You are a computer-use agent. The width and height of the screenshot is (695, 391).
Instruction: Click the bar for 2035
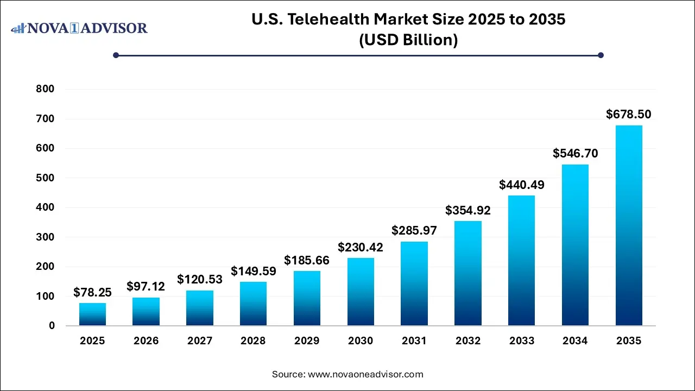tap(629, 225)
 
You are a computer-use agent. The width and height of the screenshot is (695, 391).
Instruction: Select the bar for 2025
tap(92, 314)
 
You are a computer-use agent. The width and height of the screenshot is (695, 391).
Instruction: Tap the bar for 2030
tap(361, 292)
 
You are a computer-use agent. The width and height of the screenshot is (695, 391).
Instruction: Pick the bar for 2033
tap(521, 261)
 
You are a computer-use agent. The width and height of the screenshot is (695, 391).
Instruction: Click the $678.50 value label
tap(629, 114)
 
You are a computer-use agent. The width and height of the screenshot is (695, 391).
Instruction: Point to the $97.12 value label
tap(146, 286)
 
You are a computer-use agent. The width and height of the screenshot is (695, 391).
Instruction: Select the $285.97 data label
tap(414, 230)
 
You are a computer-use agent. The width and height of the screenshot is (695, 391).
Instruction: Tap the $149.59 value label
tap(253, 270)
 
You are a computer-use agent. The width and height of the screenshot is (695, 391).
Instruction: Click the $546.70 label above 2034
tap(575, 153)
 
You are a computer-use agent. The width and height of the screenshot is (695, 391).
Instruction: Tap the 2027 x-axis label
tap(200, 341)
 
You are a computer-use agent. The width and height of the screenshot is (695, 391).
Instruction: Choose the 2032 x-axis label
tap(468, 341)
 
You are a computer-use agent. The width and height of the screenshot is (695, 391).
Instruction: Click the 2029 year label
tap(307, 341)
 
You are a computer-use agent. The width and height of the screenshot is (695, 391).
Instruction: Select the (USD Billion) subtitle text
tap(408, 40)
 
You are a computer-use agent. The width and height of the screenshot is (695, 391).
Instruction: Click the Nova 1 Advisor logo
tap(79, 28)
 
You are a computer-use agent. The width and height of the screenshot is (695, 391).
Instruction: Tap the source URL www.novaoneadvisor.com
tap(365, 374)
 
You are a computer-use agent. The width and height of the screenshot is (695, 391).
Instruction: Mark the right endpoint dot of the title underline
tap(601, 55)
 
